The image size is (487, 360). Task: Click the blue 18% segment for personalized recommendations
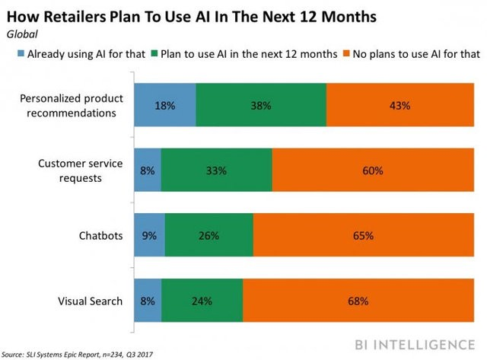(x=164, y=106)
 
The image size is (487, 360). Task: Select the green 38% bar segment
(x=261, y=106)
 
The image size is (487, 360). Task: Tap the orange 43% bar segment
(x=399, y=106)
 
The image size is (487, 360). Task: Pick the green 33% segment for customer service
(x=216, y=170)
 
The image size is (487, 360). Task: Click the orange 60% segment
(x=372, y=170)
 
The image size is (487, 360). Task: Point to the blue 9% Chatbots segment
(x=149, y=236)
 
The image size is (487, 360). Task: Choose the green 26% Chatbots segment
(x=208, y=236)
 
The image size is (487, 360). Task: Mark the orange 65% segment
(x=363, y=236)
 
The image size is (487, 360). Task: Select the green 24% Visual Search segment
(x=202, y=301)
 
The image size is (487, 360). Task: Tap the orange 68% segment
(x=358, y=301)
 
